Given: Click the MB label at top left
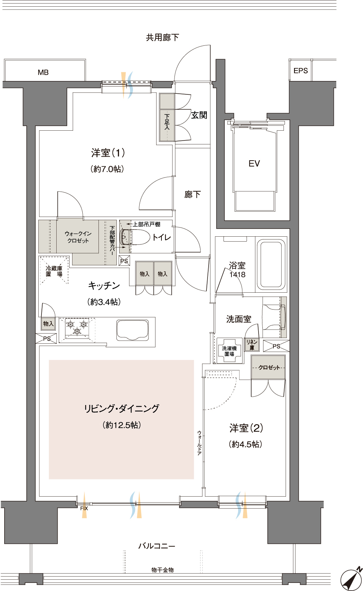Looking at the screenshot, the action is coord(43,72).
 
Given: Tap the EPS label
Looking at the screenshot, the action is coord(301,71).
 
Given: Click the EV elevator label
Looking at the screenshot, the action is coord(254,163).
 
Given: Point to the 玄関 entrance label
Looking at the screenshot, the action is coord(199,115).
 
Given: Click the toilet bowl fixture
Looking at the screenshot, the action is coord(134,237).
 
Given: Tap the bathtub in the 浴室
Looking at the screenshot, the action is coord(271,265).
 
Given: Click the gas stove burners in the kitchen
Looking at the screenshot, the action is coord(77,328).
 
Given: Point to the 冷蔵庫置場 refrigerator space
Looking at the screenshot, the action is coord(54,270).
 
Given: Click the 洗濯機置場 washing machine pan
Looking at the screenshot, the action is coord(229,351).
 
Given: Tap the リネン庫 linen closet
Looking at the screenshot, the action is coord(252,344).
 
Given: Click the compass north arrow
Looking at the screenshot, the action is coord(352,579).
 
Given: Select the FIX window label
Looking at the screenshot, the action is coord(84,508).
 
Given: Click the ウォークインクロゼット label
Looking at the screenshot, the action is coord(78,237).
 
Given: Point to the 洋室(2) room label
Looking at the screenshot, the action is coord(246,428).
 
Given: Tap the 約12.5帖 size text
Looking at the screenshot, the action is coord(122,425).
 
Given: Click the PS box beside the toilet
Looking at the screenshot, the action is coord(124,261).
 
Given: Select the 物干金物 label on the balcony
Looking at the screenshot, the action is coord(163,570).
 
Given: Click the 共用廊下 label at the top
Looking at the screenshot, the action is coord(163,37).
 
